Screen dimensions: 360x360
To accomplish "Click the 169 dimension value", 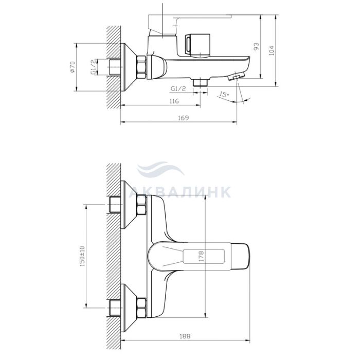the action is point(183,118).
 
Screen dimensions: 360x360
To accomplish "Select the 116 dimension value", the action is point(174,101).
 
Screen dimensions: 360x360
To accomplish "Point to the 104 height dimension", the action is point(272,50).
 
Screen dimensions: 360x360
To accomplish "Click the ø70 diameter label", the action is point(72,67).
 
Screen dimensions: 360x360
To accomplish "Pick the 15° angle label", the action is point(224,94).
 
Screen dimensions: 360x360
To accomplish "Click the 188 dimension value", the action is point(185,336).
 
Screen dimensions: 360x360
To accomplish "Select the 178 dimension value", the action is point(201,257).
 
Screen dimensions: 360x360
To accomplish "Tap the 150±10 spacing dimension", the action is point(82,256).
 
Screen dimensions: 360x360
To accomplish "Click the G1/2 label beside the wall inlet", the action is point(93,67).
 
